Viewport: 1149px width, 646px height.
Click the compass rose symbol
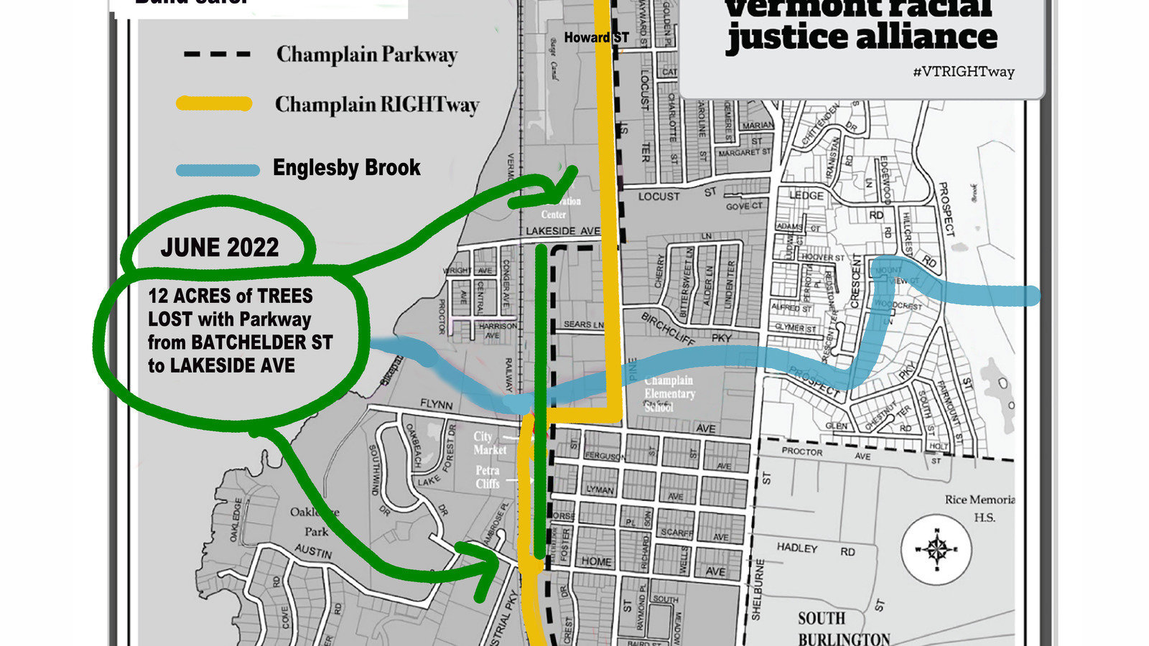tap(936, 550)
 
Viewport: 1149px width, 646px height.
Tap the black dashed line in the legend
tap(217, 54)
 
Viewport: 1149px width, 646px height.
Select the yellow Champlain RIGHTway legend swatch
tap(214, 104)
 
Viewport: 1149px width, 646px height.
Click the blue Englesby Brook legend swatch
tap(218, 170)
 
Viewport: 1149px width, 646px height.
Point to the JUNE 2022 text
tap(219, 248)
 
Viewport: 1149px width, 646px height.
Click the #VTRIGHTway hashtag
tap(964, 72)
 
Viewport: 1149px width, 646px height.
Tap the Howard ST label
tap(596, 37)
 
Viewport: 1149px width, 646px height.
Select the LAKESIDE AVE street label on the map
tap(562, 231)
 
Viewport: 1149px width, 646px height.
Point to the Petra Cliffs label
tap(488, 477)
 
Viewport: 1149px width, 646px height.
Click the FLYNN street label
tap(436, 405)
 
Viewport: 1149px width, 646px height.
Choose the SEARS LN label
tap(583, 324)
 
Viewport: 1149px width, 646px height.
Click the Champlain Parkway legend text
tap(366, 55)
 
